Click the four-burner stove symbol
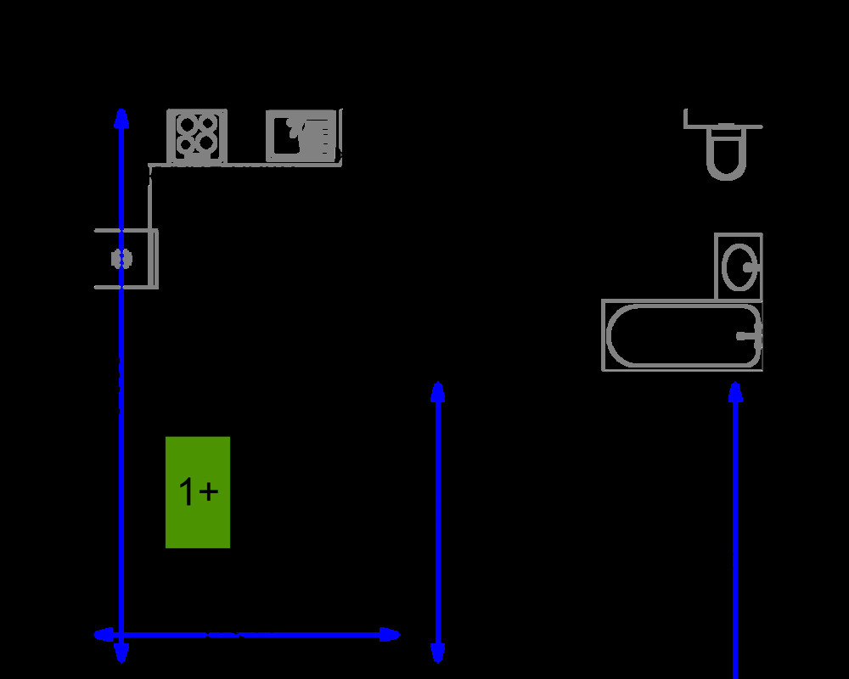[x=197, y=136]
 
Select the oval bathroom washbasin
[x=739, y=267]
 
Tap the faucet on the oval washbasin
[x=751, y=267]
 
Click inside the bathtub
[x=679, y=335]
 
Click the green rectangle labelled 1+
[x=198, y=492]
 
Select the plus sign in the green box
[x=209, y=491]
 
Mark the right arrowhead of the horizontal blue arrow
[x=391, y=634]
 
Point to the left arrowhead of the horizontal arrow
[x=103, y=634]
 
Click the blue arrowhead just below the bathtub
[x=735, y=391]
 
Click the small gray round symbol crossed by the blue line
[x=122, y=259]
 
